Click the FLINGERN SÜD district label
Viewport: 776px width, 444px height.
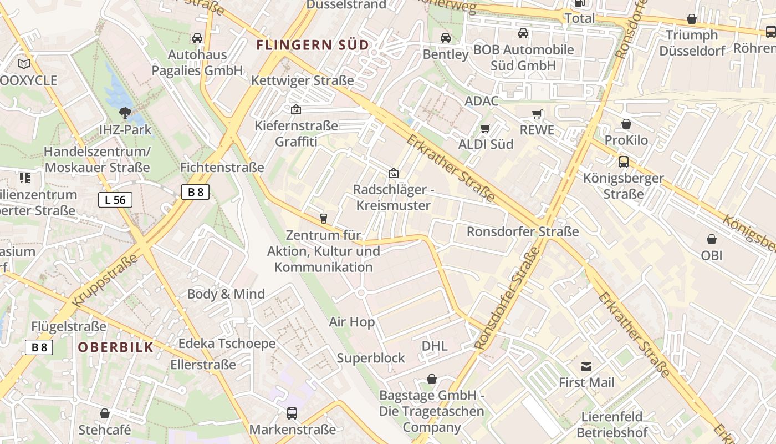pos(313,45)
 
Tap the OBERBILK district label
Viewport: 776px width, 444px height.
pos(115,347)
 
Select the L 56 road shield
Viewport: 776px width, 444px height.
pos(115,200)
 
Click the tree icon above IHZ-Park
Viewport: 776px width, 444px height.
pos(125,114)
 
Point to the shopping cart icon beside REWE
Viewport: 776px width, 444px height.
pos(537,114)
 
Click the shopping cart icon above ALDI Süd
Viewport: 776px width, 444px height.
pos(485,129)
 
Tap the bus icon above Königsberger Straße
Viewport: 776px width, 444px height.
pos(624,162)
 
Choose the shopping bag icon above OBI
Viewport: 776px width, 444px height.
pos(712,239)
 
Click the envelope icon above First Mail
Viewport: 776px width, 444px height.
pos(586,366)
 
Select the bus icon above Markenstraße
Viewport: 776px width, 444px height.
pos(292,413)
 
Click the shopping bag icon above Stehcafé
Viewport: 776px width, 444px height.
pos(105,413)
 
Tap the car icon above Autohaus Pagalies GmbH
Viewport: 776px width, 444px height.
pos(197,38)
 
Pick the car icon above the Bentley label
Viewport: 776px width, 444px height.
pos(446,38)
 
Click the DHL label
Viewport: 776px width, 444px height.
pos(435,346)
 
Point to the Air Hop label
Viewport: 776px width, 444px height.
pos(351,322)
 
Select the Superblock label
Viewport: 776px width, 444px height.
pos(371,358)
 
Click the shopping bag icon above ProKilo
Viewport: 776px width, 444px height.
pos(626,124)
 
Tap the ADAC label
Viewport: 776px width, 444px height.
pos(482,101)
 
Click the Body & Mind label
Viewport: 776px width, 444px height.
pos(226,294)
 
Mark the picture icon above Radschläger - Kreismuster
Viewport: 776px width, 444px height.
pos(394,174)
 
